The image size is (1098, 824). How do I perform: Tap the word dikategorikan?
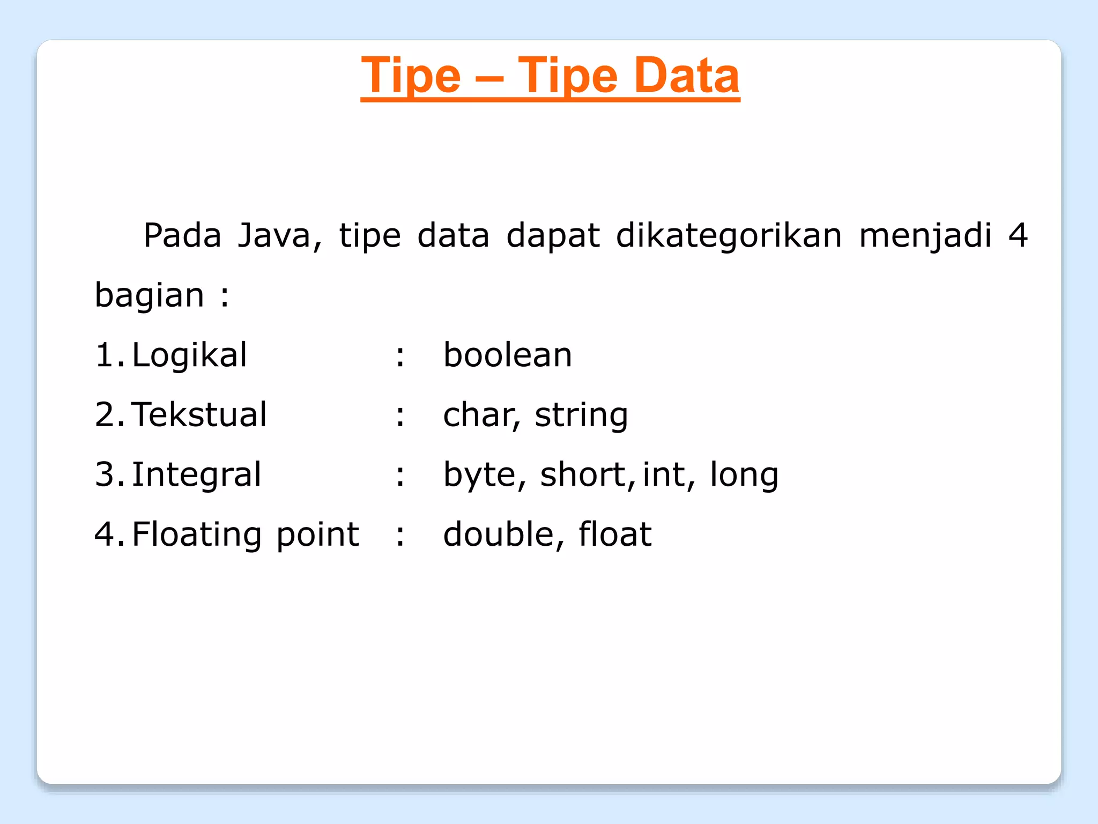(x=729, y=236)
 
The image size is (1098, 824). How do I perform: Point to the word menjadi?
(x=925, y=236)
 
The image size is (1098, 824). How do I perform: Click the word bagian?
(x=150, y=296)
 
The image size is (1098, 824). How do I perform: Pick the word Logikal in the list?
(x=189, y=355)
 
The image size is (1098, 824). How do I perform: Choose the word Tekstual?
(x=199, y=414)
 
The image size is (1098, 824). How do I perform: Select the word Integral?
(x=196, y=475)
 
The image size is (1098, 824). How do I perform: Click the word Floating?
(x=197, y=535)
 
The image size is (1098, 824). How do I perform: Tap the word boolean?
(x=508, y=355)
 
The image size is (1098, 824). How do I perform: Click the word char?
(x=479, y=415)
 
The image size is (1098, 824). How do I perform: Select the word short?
(x=582, y=474)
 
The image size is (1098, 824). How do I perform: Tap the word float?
(x=615, y=535)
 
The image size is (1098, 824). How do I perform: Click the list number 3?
(x=105, y=475)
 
